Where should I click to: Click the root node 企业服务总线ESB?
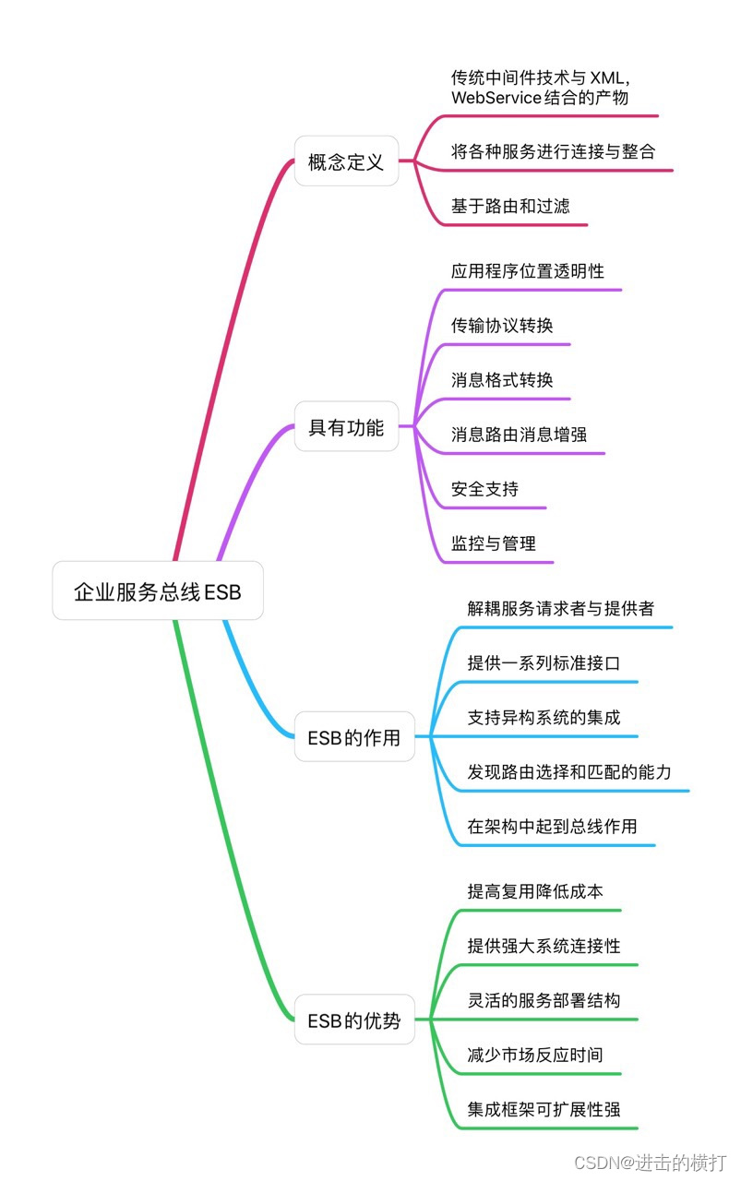(x=158, y=591)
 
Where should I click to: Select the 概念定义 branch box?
(x=346, y=161)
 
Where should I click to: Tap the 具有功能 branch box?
(x=346, y=427)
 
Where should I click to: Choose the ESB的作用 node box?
(x=354, y=737)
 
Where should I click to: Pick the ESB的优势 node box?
(x=354, y=1020)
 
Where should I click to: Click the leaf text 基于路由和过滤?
(x=510, y=207)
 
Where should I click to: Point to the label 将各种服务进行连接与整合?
(x=553, y=152)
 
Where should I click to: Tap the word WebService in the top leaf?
(x=493, y=98)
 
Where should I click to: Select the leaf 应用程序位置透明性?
(x=528, y=271)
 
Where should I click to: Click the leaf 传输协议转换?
(x=502, y=326)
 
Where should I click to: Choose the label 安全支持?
(x=484, y=489)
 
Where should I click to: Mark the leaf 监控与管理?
(x=494, y=543)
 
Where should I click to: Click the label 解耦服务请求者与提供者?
(x=561, y=609)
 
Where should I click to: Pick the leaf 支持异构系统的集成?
(x=544, y=718)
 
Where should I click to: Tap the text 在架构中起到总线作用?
(x=552, y=827)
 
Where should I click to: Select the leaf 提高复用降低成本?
(x=535, y=892)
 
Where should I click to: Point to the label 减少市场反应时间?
(x=535, y=1055)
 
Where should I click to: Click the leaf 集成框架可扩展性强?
(x=544, y=1109)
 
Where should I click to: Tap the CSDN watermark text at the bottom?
(x=650, y=1163)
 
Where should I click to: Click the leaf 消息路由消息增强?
(x=519, y=435)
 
